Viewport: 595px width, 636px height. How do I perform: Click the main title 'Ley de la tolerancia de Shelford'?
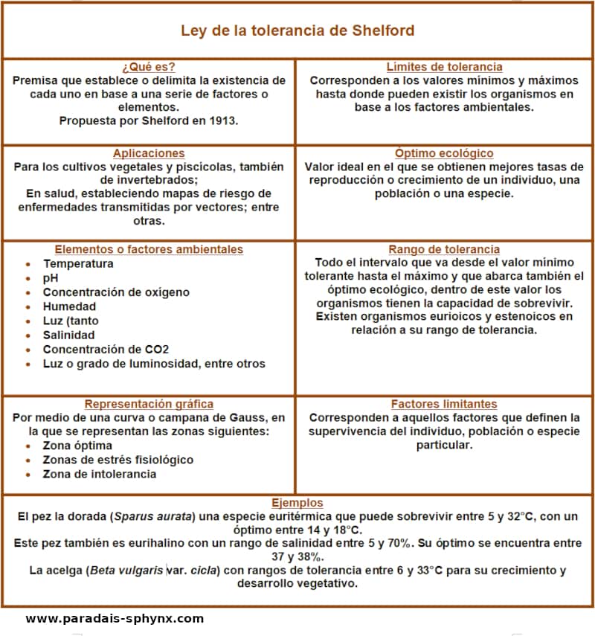tap(297, 31)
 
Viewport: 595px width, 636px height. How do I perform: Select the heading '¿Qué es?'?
tap(149, 66)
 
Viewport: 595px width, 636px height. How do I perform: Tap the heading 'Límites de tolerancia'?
tap(444, 66)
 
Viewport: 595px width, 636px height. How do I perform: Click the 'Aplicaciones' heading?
tap(149, 153)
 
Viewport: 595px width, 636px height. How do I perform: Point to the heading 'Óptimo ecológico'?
tap(444, 153)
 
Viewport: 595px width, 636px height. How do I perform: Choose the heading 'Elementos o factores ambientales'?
tap(149, 249)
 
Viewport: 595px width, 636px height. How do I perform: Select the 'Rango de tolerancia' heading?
tap(444, 249)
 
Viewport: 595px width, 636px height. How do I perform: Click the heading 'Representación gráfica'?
tap(149, 404)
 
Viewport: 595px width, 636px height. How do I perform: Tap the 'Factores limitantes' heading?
tap(444, 404)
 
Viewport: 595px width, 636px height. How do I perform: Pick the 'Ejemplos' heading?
tap(297, 502)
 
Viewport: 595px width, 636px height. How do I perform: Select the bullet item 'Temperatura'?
tap(78, 263)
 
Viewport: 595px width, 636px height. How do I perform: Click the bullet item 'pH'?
tap(51, 277)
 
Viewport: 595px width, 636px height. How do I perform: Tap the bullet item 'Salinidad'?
tap(68, 335)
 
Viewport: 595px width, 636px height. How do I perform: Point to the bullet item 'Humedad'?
tap(69, 306)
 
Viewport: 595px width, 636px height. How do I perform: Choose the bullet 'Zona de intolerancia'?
tap(99, 474)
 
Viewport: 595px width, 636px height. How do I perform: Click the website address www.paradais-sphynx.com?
tap(115, 618)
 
